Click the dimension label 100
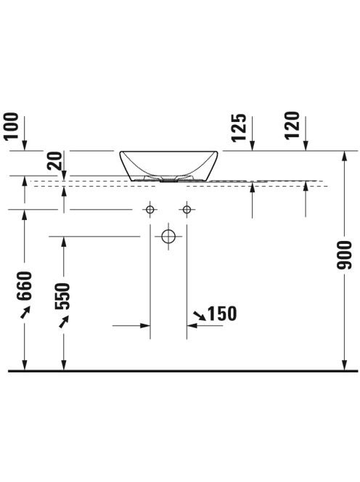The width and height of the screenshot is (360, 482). [12, 126]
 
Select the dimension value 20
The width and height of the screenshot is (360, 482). [54, 161]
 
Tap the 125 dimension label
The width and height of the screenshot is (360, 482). [240, 128]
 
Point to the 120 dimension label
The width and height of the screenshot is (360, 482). [292, 126]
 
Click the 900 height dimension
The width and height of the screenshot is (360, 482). [344, 256]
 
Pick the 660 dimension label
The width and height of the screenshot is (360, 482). [25, 286]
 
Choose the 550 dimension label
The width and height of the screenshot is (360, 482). [62, 296]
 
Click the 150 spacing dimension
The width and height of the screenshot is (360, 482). [222, 314]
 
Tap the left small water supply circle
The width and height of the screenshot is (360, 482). [150, 210]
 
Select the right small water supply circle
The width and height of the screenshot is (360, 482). [187, 210]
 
